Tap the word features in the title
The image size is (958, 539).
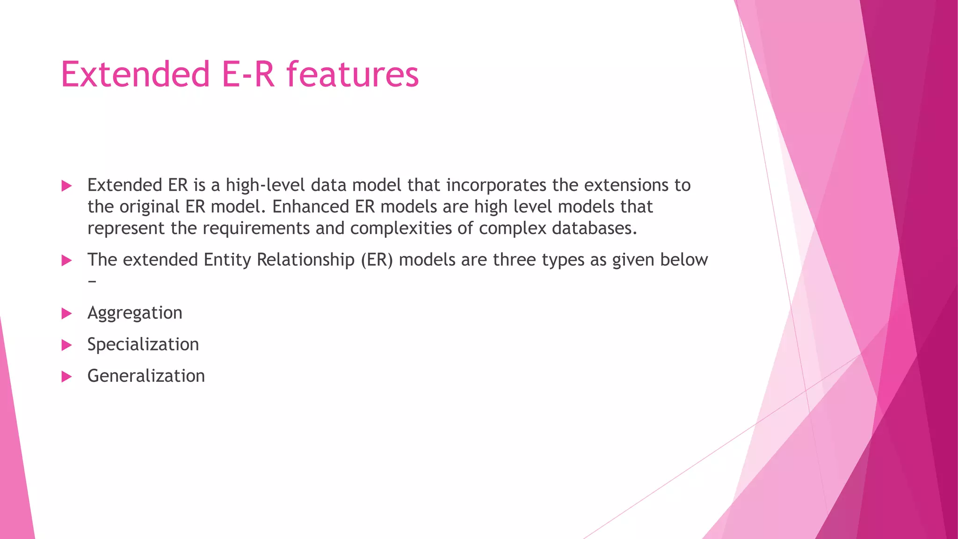(353, 74)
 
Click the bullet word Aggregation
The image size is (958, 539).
(135, 313)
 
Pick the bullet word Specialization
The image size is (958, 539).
(143, 345)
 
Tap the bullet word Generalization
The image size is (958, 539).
(146, 376)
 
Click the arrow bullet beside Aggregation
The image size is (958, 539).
(67, 313)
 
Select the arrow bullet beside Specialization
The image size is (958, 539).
(67, 345)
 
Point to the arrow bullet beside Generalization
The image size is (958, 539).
(67, 377)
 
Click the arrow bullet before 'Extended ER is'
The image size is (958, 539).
(67, 186)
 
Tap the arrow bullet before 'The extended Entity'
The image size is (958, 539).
(67, 260)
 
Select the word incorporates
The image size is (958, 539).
(496, 185)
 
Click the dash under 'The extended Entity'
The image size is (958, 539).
(92, 281)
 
